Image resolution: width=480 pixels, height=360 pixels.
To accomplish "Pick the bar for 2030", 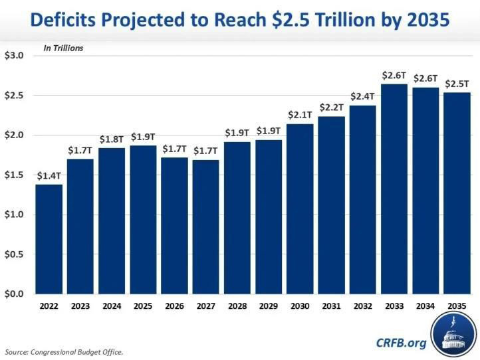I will pos(299,209).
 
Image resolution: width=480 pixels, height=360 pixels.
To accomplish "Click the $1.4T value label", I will pos(49,175).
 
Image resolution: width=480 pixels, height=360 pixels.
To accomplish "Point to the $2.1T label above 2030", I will pos(299,115).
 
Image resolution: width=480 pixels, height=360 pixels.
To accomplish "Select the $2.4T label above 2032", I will pos(362,96).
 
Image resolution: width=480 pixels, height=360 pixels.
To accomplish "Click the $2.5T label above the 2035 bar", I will pos(456,82).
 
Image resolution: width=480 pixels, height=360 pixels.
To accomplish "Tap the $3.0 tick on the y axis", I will pos(14,56).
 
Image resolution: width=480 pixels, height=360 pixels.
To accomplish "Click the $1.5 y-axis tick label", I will pos(14,175).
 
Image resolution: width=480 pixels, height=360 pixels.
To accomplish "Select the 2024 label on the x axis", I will pos(111,306).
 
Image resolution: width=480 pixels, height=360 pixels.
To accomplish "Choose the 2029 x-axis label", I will pos(268,306).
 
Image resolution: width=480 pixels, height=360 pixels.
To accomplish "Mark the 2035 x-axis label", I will pos(456,306).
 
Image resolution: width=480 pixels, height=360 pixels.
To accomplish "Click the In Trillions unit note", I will pos(64,48).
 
